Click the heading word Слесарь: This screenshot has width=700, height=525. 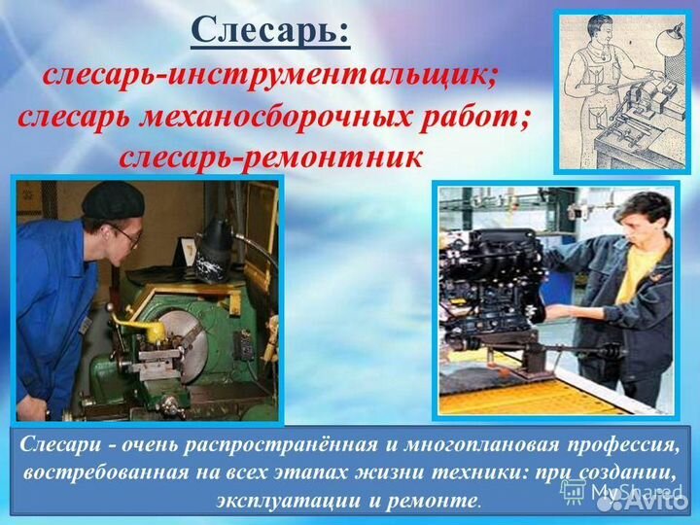[270, 30]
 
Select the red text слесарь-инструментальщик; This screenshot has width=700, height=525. [268, 75]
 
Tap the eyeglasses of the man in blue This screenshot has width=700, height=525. [123, 233]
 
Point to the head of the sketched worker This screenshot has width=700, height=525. [602, 40]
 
